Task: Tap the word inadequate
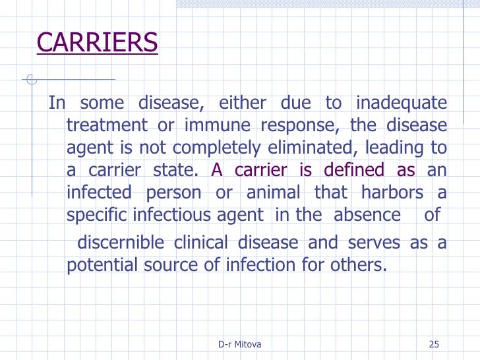click(401, 104)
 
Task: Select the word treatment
click(106, 126)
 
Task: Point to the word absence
click(367, 215)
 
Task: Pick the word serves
click(373, 243)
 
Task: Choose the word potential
click(105, 265)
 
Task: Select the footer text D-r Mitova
click(240, 344)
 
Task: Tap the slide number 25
click(433, 344)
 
